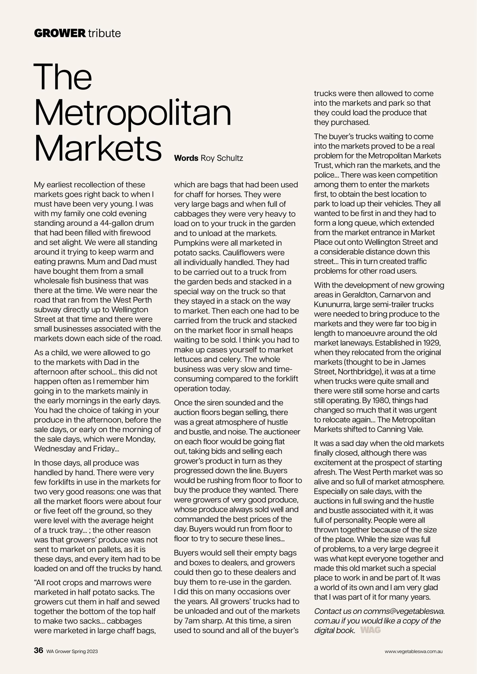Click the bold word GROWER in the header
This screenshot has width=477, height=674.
click(x=60, y=33)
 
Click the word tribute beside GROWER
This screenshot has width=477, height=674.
click(x=104, y=33)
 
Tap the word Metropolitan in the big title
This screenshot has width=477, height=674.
click(x=133, y=114)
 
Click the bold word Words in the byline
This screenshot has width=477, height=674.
click(x=186, y=158)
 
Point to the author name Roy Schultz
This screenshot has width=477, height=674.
click(x=222, y=158)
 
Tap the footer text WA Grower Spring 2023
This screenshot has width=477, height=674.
click(x=72, y=651)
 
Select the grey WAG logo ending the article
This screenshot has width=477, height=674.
click(x=370, y=630)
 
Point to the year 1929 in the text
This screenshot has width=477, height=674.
click(x=431, y=343)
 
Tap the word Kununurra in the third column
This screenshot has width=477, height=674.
click(x=332, y=304)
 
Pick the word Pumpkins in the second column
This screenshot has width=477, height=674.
click(x=191, y=243)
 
